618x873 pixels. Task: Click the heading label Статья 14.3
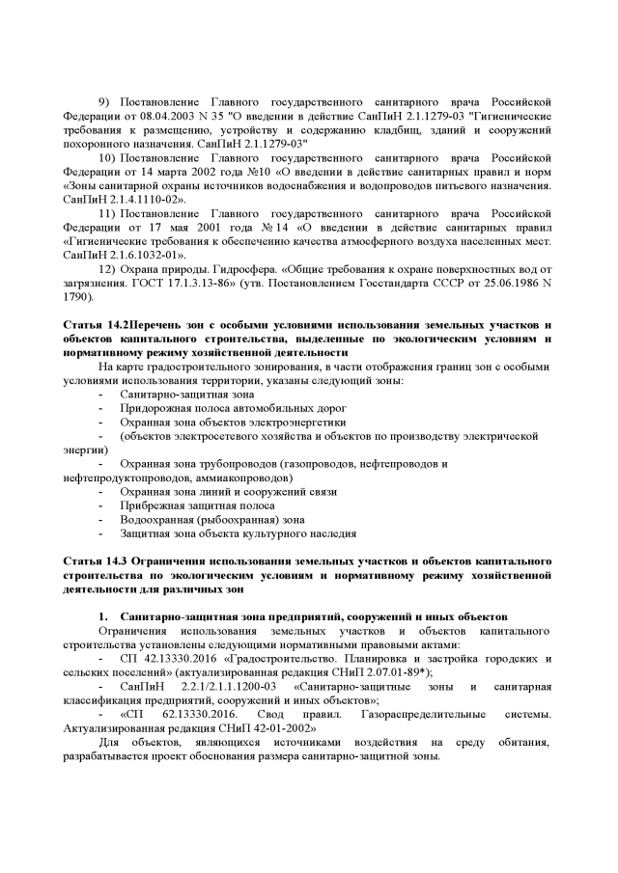click(95, 561)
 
